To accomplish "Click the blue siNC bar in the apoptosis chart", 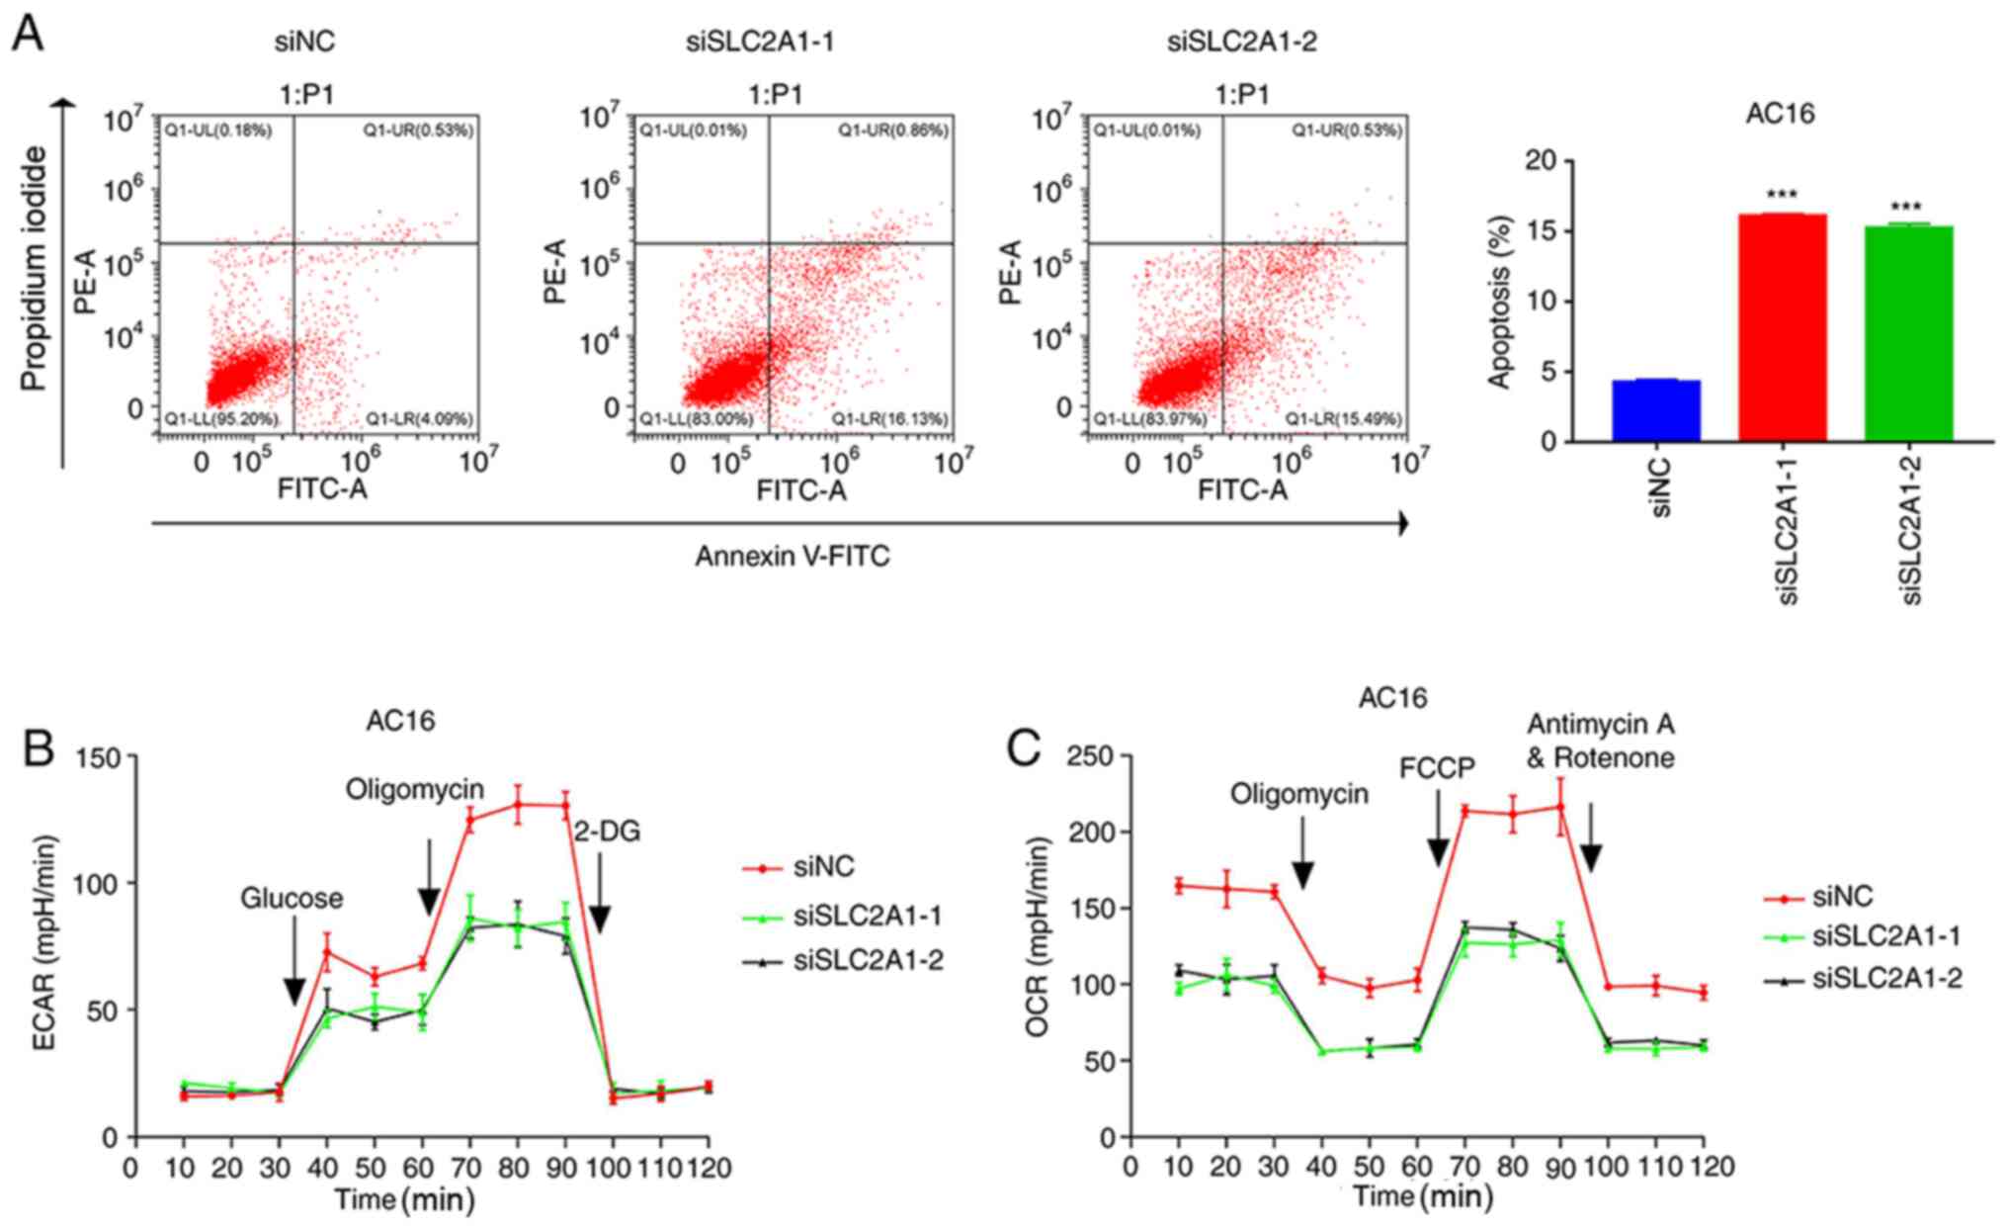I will click(1655, 410).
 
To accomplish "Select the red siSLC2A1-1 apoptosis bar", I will click(1782, 327).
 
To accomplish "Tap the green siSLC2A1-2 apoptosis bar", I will click(1908, 333).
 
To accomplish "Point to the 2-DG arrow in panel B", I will click(598, 906).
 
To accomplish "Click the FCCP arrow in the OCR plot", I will click(1438, 845).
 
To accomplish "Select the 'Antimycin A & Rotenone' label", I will click(1600, 741).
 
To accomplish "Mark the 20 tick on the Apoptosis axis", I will click(1548, 161).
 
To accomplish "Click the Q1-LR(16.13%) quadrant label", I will click(889, 420).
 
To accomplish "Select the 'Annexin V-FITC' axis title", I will click(792, 557).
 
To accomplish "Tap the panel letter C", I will click(1024, 748).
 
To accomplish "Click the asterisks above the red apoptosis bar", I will click(1781, 196).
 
